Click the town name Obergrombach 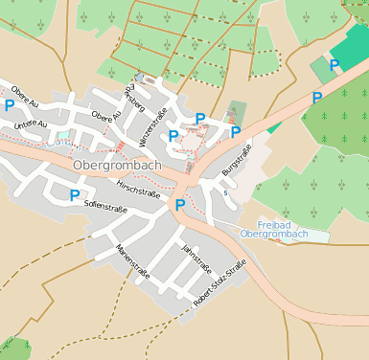tap(117, 166)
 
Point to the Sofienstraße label tap(105, 204)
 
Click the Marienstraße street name tap(131, 259)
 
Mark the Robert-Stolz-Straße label tap(220, 281)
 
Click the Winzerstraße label tap(153, 127)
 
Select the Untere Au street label tap(30, 124)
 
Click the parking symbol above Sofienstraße tap(75, 194)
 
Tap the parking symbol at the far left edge tap(10, 105)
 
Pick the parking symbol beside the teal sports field tap(334, 65)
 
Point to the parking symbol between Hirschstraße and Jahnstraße tap(179, 204)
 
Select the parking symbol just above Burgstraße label tap(234, 131)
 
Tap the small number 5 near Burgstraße tap(224, 192)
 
